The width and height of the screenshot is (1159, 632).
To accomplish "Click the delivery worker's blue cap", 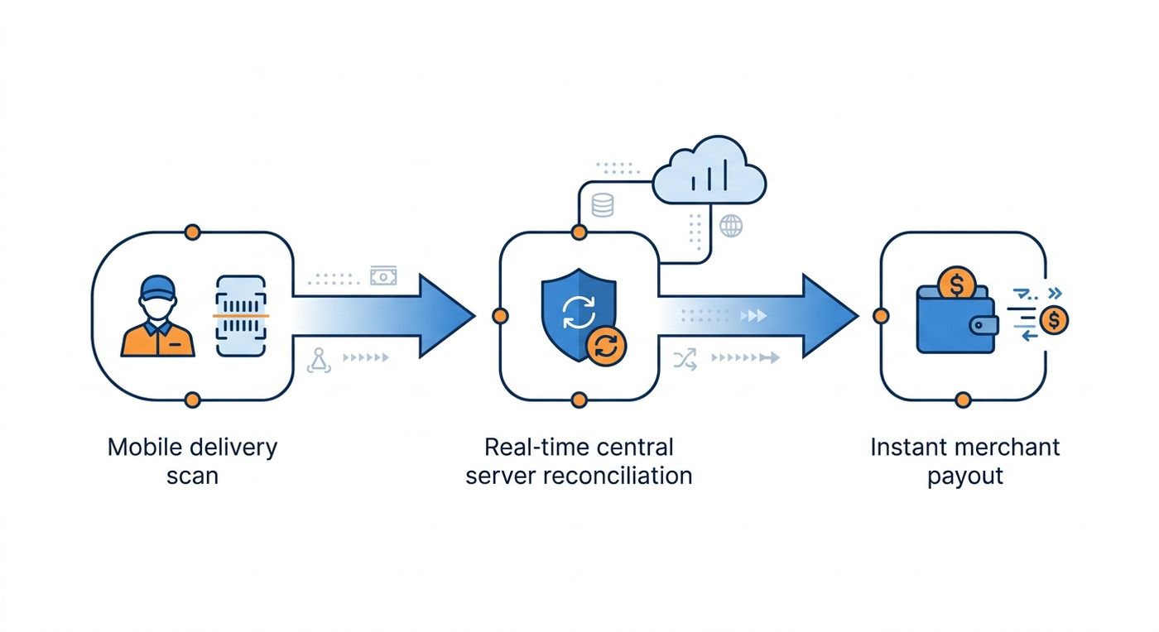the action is click(x=157, y=288).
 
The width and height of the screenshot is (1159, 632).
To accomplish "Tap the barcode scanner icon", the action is click(x=241, y=315).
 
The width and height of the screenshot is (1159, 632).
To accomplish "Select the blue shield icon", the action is click(x=579, y=314).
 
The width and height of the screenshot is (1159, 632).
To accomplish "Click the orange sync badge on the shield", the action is click(x=606, y=346).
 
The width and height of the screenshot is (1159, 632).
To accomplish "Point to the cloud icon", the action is click(x=709, y=170).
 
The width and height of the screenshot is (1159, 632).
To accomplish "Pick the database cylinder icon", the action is click(x=603, y=205).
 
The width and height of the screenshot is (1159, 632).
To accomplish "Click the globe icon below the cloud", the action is click(x=730, y=226).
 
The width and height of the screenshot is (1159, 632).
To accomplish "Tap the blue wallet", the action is click(x=956, y=319).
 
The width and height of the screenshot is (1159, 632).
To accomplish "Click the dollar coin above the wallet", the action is click(x=957, y=284).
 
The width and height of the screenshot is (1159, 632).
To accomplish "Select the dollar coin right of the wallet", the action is click(x=1054, y=320).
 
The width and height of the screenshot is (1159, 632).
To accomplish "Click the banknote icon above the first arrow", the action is click(x=383, y=276).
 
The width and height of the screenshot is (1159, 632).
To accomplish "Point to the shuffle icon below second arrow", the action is click(x=685, y=360).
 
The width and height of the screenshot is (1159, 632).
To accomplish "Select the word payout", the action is click(x=965, y=476).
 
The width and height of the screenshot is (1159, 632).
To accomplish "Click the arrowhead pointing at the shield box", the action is click(x=447, y=315).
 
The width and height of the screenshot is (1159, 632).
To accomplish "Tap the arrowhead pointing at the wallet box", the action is click(x=830, y=315).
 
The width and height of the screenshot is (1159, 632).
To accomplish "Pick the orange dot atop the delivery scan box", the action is click(x=192, y=232).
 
